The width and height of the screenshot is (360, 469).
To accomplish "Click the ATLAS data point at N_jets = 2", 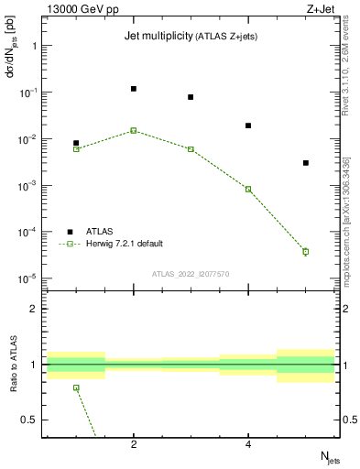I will [134, 89].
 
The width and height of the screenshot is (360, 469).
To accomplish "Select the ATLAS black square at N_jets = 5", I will [306, 163].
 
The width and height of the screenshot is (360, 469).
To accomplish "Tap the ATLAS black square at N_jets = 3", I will [191, 97].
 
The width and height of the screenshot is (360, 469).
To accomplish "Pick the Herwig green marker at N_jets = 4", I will [248, 189].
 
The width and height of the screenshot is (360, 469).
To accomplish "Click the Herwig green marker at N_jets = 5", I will [306, 251].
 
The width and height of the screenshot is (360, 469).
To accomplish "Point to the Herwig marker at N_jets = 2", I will [134, 130].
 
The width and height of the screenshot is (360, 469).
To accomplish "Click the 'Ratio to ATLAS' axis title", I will [14, 365].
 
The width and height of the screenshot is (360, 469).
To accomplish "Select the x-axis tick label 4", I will [248, 445].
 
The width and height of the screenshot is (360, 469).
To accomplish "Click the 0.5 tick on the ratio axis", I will [31, 420].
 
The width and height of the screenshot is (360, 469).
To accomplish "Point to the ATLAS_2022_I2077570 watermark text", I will [191, 273].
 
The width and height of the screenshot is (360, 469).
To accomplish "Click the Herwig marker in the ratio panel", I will [76, 387].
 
